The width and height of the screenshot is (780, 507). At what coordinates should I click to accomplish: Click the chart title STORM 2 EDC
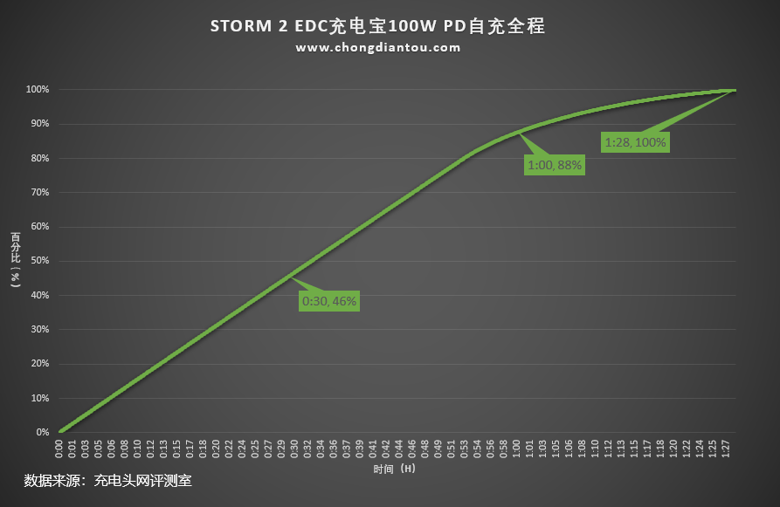(x=377, y=26)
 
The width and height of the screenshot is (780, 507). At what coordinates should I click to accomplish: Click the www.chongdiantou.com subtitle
(x=377, y=48)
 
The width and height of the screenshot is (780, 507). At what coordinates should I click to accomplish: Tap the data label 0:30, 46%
(x=329, y=301)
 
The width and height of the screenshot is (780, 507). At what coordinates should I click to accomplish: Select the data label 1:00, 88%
(x=555, y=163)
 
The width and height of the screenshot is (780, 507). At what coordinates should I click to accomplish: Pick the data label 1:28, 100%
(x=635, y=141)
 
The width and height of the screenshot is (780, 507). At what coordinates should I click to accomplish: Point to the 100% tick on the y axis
(x=37, y=89)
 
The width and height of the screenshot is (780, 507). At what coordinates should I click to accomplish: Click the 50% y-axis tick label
(x=38, y=261)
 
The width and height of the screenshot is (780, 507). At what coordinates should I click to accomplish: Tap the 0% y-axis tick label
(x=41, y=432)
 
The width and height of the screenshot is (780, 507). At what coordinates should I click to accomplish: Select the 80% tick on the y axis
(x=38, y=158)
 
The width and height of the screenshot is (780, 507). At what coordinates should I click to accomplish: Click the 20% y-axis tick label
(x=38, y=364)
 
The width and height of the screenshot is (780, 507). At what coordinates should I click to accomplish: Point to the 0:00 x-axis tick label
(x=59, y=449)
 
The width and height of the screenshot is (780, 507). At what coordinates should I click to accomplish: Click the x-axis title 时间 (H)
(x=394, y=469)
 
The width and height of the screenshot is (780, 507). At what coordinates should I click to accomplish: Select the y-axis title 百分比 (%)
(x=15, y=260)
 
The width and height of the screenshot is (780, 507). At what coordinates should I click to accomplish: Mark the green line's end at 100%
(x=735, y=90)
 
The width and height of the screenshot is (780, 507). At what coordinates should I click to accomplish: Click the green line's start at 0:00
(x=59, y=431)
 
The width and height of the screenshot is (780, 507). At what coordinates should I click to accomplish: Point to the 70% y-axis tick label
(x=38, y=192)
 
